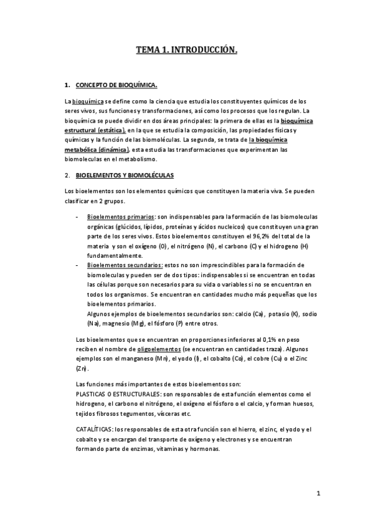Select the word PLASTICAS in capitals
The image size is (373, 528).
pyautogui.click(x=92, y=394)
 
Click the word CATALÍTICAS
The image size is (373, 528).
pyautogui.click(x=93, y=430)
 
